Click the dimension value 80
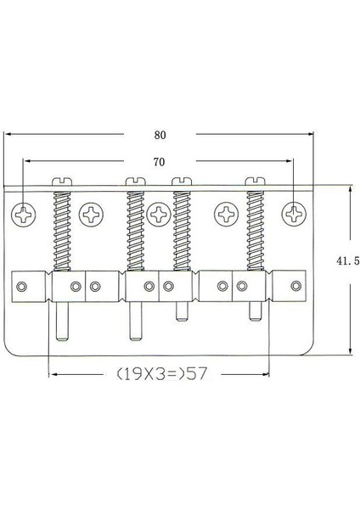[x=161, y=133]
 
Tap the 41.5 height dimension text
[x=348, y=262]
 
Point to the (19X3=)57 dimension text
[x=161, y=372]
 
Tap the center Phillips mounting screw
[x=159, y=214]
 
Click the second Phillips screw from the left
[x=90, y=214]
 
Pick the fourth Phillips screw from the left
[x=226, y=214]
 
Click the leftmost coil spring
[x=62, y=228]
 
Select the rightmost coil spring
[x=256, y=228]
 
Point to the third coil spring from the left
[x=182, y=228]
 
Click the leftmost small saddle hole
[x=25, y=286]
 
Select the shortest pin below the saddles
[x=182, y=310]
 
